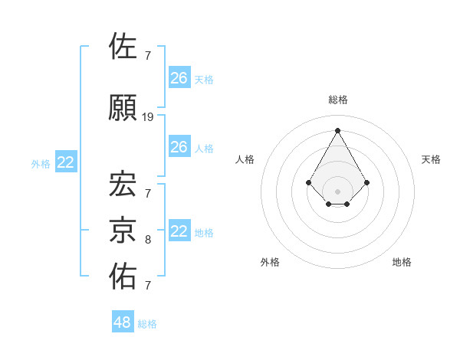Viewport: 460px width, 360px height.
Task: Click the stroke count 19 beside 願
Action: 148,117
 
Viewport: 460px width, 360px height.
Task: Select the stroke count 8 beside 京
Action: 148,240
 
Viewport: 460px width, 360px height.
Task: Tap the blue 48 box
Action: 123,322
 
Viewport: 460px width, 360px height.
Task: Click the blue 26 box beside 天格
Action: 179,78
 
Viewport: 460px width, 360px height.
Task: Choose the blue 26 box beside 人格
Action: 179,147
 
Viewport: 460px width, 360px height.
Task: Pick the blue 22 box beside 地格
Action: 179,231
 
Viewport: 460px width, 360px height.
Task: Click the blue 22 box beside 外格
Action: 66,162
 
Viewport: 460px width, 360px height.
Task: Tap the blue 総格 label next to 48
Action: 148,324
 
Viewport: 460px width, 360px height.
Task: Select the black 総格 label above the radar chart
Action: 337,100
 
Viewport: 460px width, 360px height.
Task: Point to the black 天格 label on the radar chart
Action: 431,159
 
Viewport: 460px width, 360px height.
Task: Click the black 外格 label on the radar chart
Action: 270,262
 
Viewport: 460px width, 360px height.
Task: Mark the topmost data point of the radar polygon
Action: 337,129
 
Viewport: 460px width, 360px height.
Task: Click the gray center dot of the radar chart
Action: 337,190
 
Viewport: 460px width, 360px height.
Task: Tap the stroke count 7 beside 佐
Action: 148,55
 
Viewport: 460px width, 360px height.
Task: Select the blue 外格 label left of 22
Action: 41,163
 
